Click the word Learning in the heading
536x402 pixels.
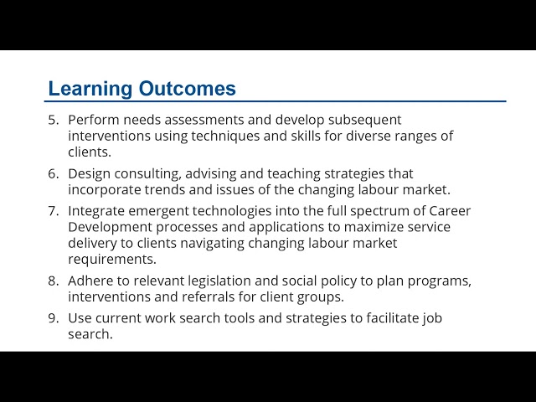[x=90, y=89]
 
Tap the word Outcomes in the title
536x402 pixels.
[x=188, y=88]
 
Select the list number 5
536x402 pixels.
[x=54, y=120]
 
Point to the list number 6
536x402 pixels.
[x=54, y=173]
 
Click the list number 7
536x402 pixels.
[x=54, y=211]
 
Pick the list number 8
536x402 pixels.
[x=54, y=281]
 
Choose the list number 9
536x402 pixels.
[x=54, y=318]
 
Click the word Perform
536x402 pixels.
[x=94, y=120]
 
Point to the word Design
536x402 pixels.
[x=90, y=174]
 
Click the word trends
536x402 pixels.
[x=165, y=190]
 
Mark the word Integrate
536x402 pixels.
[x=96, y=212]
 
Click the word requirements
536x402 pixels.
[x=112, y=260]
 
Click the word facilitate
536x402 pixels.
[x=392, y=318]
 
